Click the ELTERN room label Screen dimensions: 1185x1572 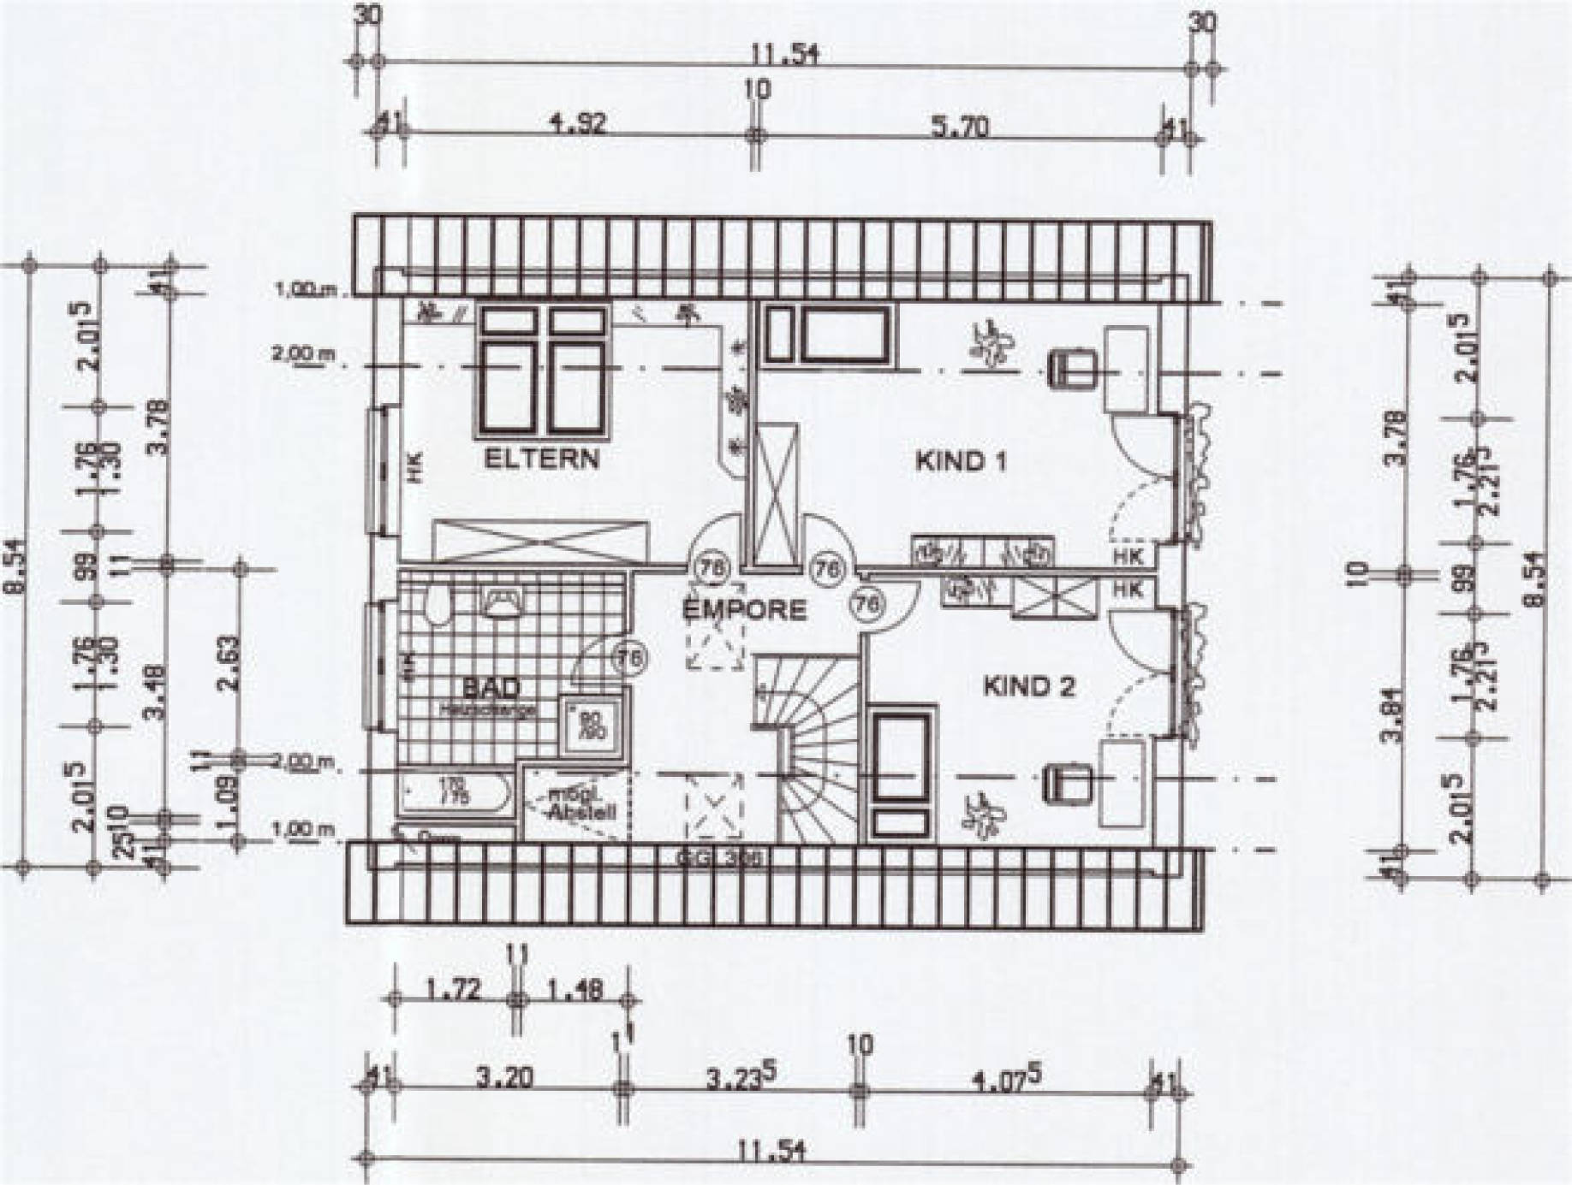(x=541, y=459)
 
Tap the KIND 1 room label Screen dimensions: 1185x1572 (x=961, y=462)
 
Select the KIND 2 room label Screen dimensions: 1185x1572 (x=1028, y=686)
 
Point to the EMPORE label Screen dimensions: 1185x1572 (x=743, y=609)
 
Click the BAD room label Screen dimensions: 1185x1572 (x=491, y=687)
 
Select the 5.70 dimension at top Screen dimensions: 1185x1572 (x=958, y=127)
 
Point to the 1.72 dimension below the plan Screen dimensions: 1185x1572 (x=454, y=990)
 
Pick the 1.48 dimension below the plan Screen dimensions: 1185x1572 (x=574, y=990)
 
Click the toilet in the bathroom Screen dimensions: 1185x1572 (x=438, y=606)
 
